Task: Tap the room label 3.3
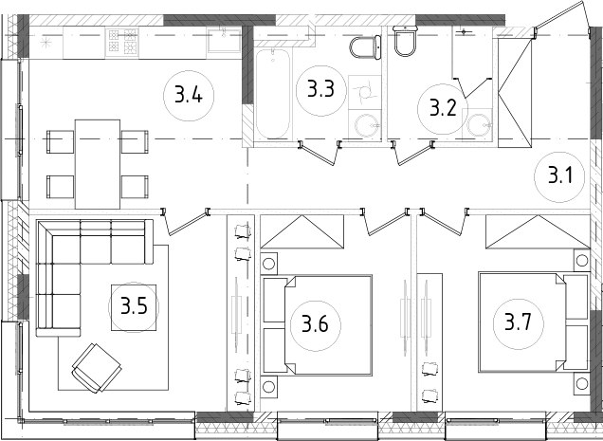[x=320, y=91]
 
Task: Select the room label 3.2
[x=443, y=105]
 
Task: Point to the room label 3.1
[x=559, y=175]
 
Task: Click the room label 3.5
[x=133, y=306]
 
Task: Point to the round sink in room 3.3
[x=365, y=124]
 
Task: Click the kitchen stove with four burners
[x=123, y=41]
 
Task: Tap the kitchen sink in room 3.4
[x=225, y=41]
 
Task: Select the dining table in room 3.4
[x=98, y=163]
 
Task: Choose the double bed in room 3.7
[x=532, y=322]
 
